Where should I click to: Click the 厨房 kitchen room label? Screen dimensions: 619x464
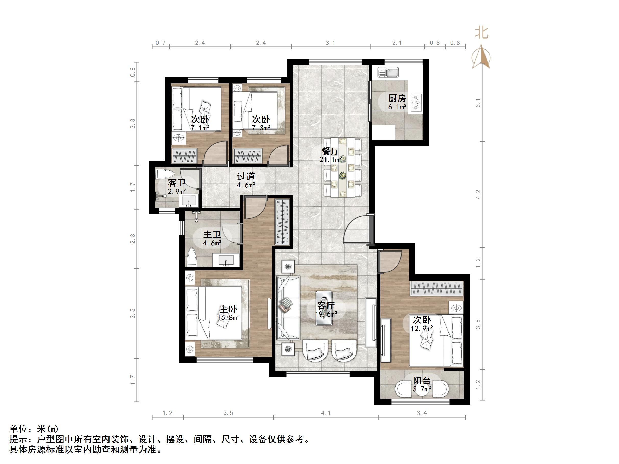[397, 98]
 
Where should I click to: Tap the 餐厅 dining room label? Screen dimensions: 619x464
[331, 151]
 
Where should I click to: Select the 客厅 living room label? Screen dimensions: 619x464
[326, 306]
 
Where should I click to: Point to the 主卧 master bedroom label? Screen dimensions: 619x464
[228, 309]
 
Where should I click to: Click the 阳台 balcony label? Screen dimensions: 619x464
[422, 380]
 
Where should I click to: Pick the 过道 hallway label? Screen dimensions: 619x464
[246, 177]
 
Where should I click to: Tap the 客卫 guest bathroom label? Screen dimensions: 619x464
[177, 183]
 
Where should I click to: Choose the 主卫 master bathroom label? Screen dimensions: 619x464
[212, 234]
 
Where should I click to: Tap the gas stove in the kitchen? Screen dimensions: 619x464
[416, 103]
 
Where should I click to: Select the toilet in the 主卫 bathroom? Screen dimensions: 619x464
[192, 257]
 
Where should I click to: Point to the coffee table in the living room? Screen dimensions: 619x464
[324, 308]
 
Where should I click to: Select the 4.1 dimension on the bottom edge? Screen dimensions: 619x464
[326, 413]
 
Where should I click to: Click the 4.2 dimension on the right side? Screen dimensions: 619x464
[478, 194]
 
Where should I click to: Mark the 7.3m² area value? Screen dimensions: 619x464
[261, 128]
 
